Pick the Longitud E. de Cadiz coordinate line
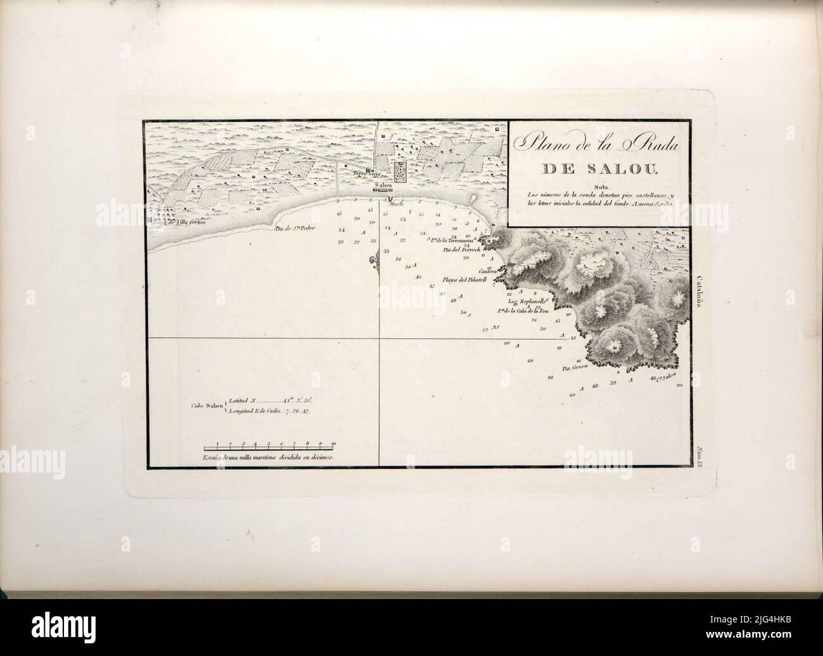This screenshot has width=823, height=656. click(x=269, y=411)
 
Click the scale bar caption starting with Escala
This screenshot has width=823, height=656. click(x=267, y=456)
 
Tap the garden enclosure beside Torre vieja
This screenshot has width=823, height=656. click(x=400, y=171)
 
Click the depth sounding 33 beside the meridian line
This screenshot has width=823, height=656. click(x=386, y=251)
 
